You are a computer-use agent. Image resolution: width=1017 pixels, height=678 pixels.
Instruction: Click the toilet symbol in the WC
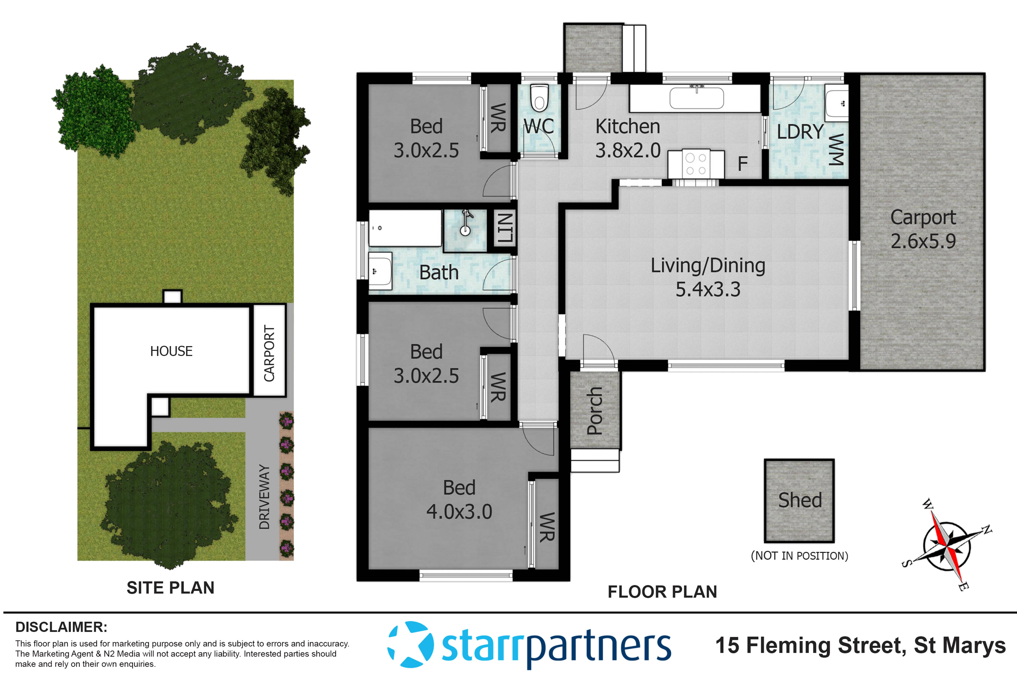pyautogui.click(x=539, y=99)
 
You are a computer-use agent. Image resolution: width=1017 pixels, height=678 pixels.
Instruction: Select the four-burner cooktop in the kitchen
pyautogui.click(x=696, y=164)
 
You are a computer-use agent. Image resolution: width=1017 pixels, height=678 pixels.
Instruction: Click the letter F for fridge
pyautogui.click(x=742, y=164)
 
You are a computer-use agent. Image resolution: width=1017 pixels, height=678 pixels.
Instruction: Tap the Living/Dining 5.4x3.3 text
pyautogui.click(x=708, y=277)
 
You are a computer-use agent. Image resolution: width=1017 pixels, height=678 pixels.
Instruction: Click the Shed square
pyautogui.click(x=799, y=500)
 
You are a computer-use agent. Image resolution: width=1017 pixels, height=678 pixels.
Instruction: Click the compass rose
pyautogui.click(x=947, y=546)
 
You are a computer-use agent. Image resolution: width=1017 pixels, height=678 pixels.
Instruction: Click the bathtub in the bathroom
pyautogui.click(x=405, y=228)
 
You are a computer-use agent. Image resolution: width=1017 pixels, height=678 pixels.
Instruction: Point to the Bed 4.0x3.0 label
pyautogui.click(x=459, y=500)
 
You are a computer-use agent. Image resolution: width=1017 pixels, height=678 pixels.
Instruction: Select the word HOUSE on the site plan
pyautogui.click(x=171, y=351)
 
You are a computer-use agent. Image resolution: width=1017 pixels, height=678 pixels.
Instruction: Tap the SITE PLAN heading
pyautogui.click(x=170, y=588)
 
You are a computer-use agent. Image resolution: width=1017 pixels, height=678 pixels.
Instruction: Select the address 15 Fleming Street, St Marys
pyautogui.click(x=860, y=645)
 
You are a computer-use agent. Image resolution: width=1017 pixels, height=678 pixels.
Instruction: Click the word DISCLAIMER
pyautogui.click(x=61, y=627)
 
